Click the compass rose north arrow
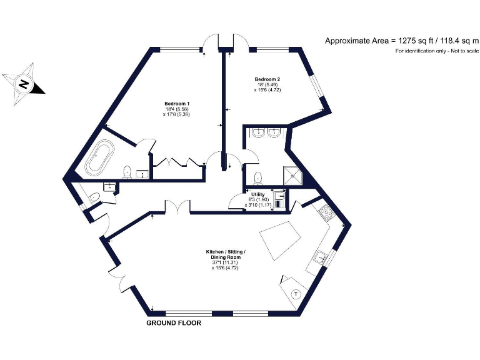23,83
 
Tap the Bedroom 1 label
177,103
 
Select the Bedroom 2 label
267,79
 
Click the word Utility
257,194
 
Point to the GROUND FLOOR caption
174,323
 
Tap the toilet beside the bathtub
127,172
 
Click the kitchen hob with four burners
327,214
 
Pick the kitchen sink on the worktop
321,257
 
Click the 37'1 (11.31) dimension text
226,262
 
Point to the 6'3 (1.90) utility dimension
257,199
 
